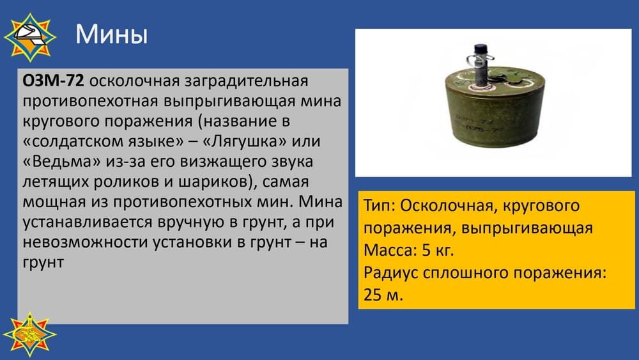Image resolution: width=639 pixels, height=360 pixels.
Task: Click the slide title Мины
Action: [111, 35]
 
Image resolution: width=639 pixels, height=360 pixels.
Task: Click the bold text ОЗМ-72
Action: [54, 81]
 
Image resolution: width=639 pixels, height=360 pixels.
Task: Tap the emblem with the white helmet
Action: [30, 37]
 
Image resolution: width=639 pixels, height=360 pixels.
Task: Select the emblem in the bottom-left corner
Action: [30, 334]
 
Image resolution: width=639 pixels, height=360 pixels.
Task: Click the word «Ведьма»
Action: [61, 161]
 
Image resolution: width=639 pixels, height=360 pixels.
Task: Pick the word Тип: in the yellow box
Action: [378, 205]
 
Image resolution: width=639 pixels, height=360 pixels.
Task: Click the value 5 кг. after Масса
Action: [438, 249]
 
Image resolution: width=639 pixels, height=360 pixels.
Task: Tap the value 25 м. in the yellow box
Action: [383, 294]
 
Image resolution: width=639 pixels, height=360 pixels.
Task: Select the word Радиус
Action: [390, 272]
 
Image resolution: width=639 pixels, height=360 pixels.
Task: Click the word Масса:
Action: [390, 249]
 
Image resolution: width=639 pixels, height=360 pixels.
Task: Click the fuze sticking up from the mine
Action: [482, 65]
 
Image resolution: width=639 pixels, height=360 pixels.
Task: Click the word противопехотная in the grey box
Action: [90, 101]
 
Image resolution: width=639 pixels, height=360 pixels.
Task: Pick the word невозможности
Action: [85, 242]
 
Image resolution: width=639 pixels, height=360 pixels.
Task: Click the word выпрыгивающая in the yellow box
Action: [527, 228]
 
